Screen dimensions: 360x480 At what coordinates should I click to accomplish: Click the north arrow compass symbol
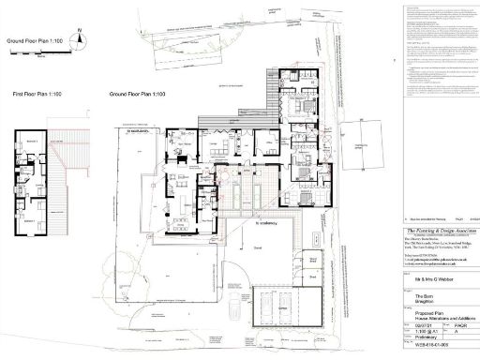click(81, 36)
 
